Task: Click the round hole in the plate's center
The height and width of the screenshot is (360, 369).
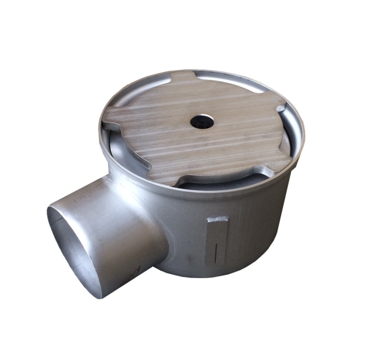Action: tap(201, 121)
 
